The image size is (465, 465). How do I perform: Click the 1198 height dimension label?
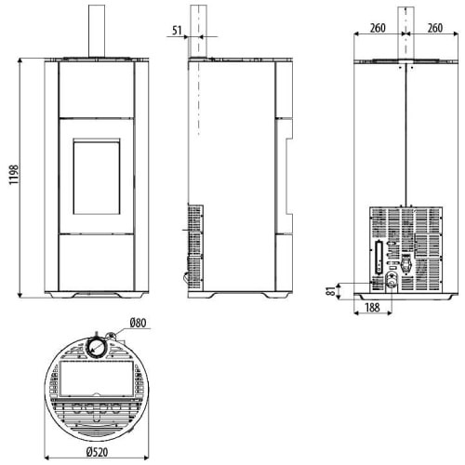(14, 175)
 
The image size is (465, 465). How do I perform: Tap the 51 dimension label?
(177, 31)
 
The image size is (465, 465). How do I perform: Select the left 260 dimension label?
(378, 28)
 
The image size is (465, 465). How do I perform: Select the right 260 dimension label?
(435, 28)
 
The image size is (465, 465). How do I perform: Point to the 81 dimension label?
(331, 291)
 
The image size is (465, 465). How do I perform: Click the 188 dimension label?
(372, 308)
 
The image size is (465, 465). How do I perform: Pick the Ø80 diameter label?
(138, 323)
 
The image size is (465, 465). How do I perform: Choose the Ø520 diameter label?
(98, 452)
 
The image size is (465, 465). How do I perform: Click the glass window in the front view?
(97, 177)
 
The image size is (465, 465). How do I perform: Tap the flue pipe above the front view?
(97, 31)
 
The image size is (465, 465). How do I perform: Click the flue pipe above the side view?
(198, 31)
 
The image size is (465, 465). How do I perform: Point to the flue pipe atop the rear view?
(405, 33)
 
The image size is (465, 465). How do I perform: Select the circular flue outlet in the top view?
(97, 347)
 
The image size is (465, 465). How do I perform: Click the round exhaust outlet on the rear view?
(392, 281)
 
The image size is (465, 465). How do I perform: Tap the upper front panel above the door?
(97, 89)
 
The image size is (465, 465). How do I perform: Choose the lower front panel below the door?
(97, 262)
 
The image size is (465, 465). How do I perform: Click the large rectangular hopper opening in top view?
(97, 379)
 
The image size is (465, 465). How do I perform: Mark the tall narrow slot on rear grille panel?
(379, 258)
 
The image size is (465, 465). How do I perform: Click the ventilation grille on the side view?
(195, 247)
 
